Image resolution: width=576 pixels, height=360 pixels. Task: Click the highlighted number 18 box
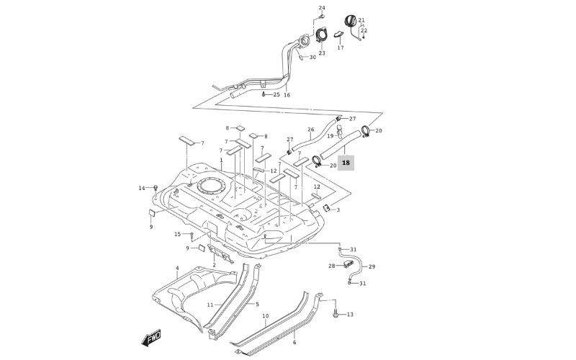coord(346,163)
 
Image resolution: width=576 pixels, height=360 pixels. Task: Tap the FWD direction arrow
coord(152,338)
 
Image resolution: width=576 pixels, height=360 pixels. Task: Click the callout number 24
coord(322,8)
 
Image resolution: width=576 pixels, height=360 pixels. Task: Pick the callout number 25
coord(276,94)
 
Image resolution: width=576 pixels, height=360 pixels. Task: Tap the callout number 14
coord(142,188)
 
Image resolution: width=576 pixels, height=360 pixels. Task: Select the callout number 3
coord(338,210)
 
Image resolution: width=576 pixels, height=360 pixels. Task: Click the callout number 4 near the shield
coord(177,268)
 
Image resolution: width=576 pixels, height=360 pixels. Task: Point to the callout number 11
coord(210,305)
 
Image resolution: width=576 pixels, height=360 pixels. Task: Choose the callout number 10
coord(265,316)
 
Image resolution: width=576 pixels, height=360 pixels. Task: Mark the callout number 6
coord(294,342)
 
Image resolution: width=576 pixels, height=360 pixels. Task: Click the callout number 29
coord(372,267)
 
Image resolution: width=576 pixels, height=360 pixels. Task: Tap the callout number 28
coord(332,266)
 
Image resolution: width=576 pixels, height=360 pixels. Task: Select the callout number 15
coord(177,234)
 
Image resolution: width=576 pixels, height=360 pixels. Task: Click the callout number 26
coord(311,130)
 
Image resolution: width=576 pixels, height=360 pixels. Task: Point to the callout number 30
coord(312,57)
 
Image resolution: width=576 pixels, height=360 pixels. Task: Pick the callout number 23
coord(322,53)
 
